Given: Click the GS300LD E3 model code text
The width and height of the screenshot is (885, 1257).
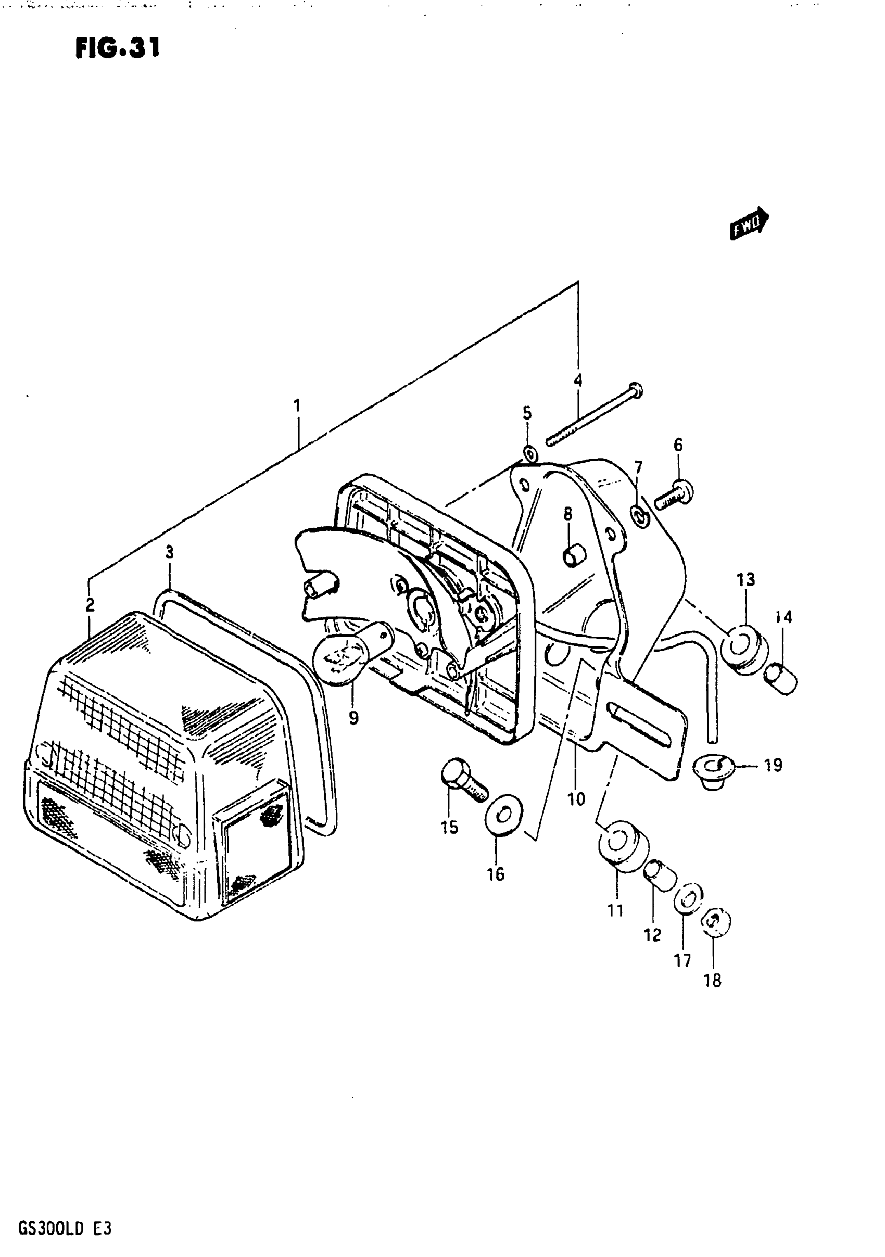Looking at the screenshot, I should (65, 1213).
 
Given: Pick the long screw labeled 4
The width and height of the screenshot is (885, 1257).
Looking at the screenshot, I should (594, 416).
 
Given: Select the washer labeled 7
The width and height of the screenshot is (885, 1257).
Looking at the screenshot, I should (639, 515).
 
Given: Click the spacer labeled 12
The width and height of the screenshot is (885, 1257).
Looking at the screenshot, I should (660, 875).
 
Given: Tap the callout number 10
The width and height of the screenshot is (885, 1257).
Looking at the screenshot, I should (576, 800).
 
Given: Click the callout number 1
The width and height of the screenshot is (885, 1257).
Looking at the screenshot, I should (296, 405).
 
